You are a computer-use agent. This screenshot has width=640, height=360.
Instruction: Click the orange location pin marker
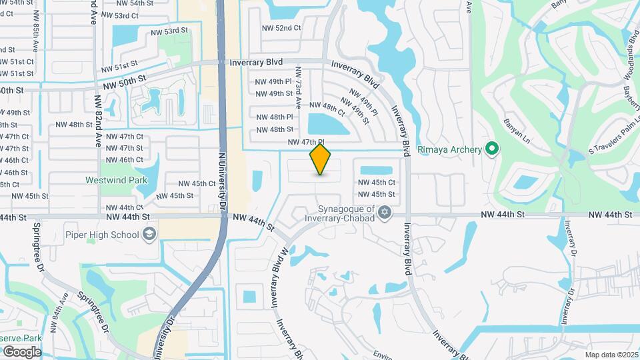pyautogui.click(x=321, y=159)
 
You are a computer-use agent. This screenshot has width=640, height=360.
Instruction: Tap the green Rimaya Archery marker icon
pyautogui.click(x=492, y=149)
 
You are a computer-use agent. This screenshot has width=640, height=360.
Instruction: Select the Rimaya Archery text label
pyautogui.click(x=449, y=149)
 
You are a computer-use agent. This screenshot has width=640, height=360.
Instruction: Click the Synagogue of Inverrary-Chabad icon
pyautogui.click(x=383, y=213)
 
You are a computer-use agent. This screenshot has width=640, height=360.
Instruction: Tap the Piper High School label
pyautogui.click(x=102, y=235)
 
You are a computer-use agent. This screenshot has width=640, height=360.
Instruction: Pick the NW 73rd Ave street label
pyautogui.click(x=299, y=87)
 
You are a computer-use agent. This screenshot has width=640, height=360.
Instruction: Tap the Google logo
pyautogui.click(x=22, y=351)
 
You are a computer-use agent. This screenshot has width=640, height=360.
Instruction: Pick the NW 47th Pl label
pyautogui.click(x=305, y=143)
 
